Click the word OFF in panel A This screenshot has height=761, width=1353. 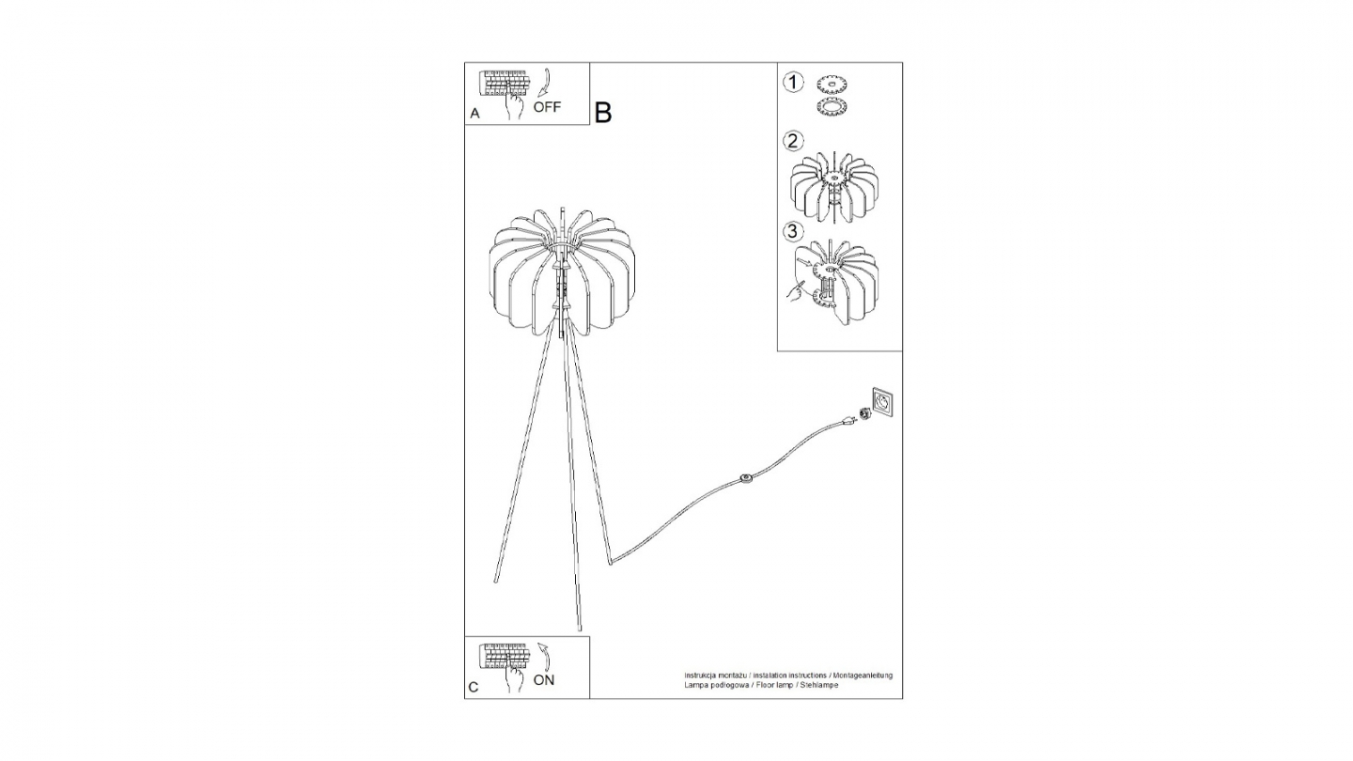pos(547,107)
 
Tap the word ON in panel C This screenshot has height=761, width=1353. pos(544,680)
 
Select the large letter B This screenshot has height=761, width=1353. pos(603,113)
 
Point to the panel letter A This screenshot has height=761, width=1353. pos(474,114)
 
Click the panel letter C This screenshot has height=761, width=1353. pos(474,688)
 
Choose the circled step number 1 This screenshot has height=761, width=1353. pos(794,83)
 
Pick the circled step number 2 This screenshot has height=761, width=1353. pos(794,142)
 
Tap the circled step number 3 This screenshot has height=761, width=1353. pos(794,231)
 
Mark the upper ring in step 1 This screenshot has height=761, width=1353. pos(832,84)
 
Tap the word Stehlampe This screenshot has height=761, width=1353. pos(819,686)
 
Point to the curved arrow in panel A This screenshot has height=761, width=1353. pos(543,82)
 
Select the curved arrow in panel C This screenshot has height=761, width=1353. pos(542,655)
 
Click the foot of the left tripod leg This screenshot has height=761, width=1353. pos(496,579)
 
